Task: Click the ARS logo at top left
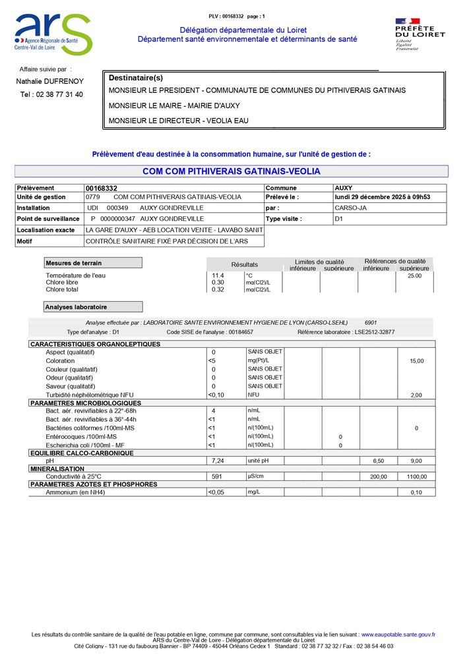53,34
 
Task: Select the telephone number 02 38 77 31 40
51,94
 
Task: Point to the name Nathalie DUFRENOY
49,81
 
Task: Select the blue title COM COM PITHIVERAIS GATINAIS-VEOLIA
231,171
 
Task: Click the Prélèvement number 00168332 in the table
102,188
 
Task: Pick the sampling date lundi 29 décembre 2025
382,197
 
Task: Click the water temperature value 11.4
217,275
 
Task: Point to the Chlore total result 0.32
217,289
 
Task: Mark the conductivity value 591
215,476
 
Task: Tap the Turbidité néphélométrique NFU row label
90,395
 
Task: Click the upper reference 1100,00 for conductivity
416,476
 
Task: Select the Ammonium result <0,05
216,492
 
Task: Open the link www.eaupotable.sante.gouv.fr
398,634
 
